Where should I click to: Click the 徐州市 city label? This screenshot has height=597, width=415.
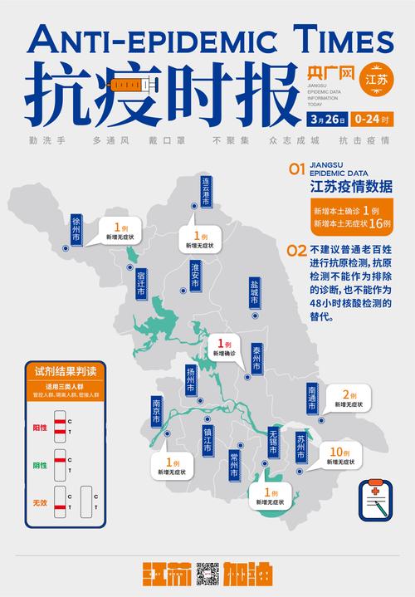76,228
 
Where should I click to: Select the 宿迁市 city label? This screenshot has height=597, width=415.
141,283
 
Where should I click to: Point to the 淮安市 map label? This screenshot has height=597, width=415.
196,275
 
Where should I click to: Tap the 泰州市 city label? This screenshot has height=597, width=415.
257,358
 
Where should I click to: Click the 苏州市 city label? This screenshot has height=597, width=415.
302,447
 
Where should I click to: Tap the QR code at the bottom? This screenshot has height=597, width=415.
207,575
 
